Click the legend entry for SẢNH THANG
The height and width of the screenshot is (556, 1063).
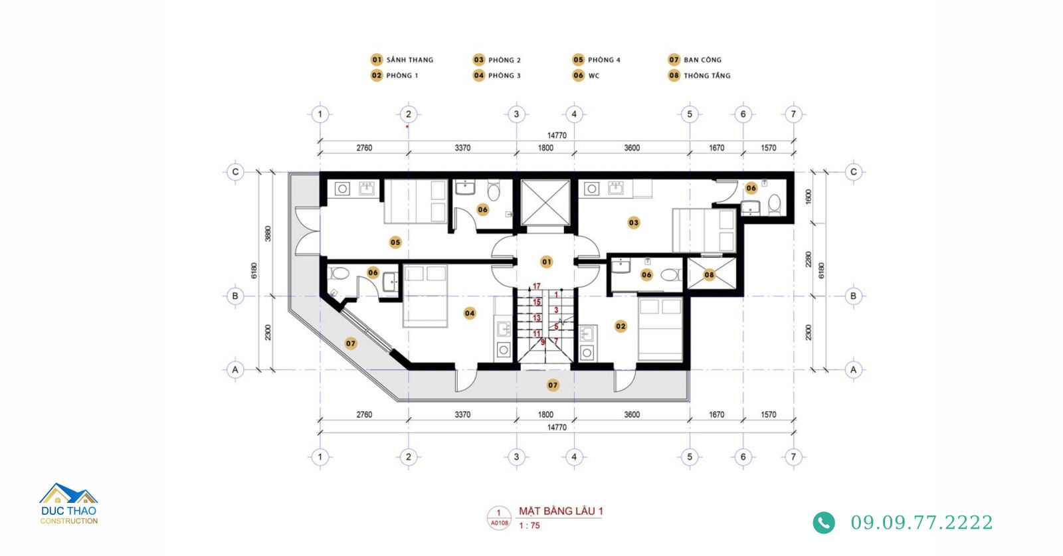(x=402, y=60)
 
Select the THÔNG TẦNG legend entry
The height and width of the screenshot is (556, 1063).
(x=699, y=76)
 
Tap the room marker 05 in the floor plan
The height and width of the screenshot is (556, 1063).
(x=395, y=242)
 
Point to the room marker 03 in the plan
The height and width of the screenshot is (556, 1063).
(x=634, y=223)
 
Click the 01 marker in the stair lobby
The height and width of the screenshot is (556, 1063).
(x=547, y=262)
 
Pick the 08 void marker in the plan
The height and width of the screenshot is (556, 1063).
(x=709, y=275)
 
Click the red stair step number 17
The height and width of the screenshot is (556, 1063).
(x=536, y=286)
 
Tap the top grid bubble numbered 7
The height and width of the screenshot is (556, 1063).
(x=793, y=114)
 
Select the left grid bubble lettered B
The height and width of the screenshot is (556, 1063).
(x=235, y=296)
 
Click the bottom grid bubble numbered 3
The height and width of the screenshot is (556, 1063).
(x=516, y=457)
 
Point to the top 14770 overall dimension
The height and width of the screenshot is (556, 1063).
(x=557, y=136)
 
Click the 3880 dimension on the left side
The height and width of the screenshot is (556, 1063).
(x=268, y=233)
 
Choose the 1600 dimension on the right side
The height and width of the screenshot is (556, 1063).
(x=809, y=197)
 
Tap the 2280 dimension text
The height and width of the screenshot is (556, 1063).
(x=809, y=259)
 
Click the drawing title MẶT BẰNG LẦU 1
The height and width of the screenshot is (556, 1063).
(x=561, y=511)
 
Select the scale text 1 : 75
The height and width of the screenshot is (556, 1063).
(x=529, y=525)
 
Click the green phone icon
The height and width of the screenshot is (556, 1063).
(x=824, y=523)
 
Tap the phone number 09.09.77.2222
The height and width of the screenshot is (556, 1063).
(x=921, y=523)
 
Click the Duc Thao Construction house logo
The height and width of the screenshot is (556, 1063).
(x=69, y=504)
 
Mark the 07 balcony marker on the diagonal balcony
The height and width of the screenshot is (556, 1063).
(x=351, y=343)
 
